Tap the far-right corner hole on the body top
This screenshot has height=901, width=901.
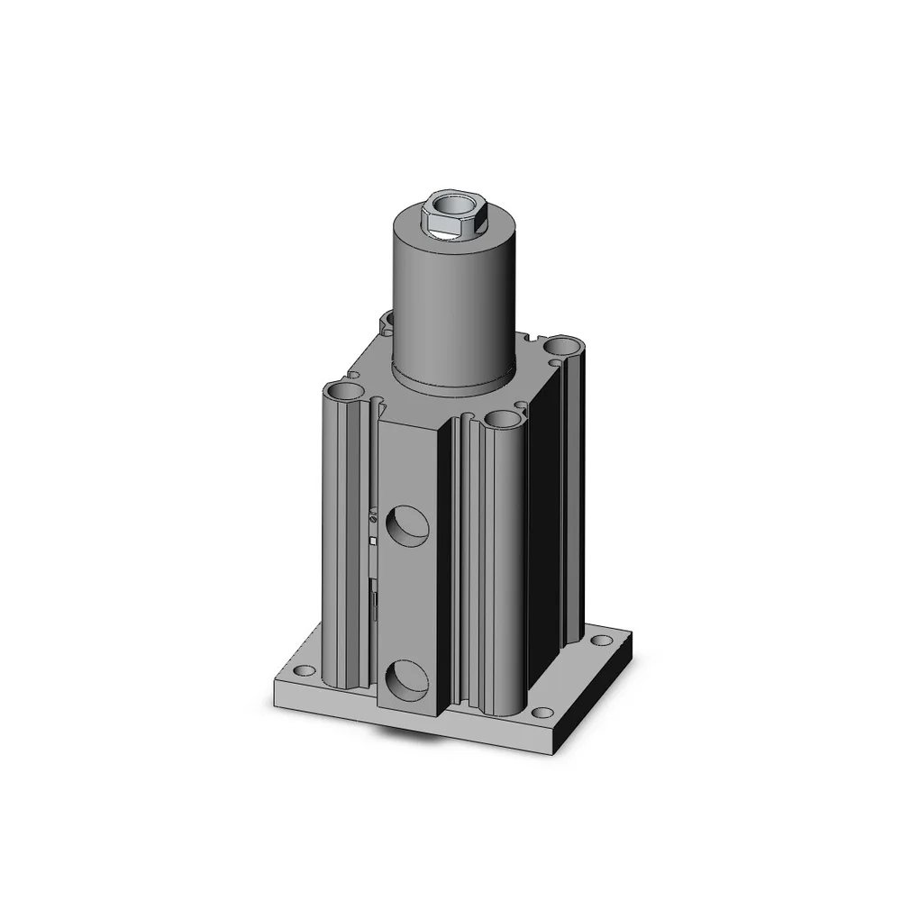[566, 344]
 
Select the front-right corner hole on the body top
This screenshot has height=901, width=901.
[500, 420]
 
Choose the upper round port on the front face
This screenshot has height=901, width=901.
[406, 526]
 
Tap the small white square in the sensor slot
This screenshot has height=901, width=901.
[373, 541]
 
